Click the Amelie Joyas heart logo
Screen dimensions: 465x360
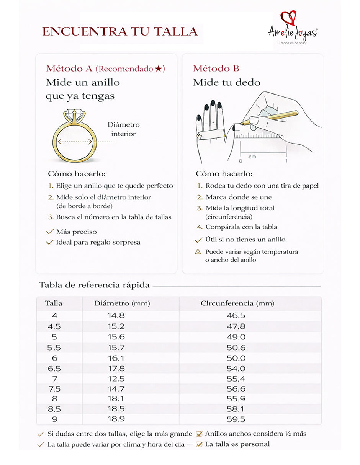click(x=288, y=19)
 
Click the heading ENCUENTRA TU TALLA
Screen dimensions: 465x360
click(x=120, y=31)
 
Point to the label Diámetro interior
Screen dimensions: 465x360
click(x=123, y=129)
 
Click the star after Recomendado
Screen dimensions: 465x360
click(x=159, y=69)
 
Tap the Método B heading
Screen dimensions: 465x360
click(x=216, y=69)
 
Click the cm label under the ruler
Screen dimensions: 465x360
click(x=252, y=157)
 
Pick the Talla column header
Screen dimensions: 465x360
click(x=54, y=303)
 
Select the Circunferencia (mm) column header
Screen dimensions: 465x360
click(x=237, y=303)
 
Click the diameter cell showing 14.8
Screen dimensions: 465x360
click(x=116, y=316)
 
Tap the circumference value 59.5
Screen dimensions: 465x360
click(x=236, y=419)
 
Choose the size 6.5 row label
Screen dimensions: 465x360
click(x=54, y=369)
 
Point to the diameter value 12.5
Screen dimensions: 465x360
click(x=116, y=379)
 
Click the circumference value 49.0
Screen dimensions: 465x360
click(x=236, y=337)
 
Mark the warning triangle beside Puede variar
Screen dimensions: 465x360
click(x=198, y=252)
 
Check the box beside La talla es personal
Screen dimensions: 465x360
click(x=199, y=444)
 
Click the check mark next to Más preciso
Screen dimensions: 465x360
click(x=49, y=232)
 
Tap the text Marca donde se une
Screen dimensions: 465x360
click(x=239, y=197)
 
